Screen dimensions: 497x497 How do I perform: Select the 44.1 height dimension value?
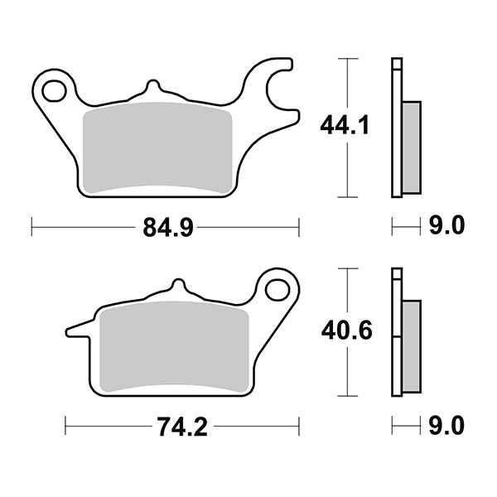345,127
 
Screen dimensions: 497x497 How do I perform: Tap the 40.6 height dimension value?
345,332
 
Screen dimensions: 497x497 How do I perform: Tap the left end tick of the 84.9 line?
31,225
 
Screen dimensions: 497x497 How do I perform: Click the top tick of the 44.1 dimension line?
349,59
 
